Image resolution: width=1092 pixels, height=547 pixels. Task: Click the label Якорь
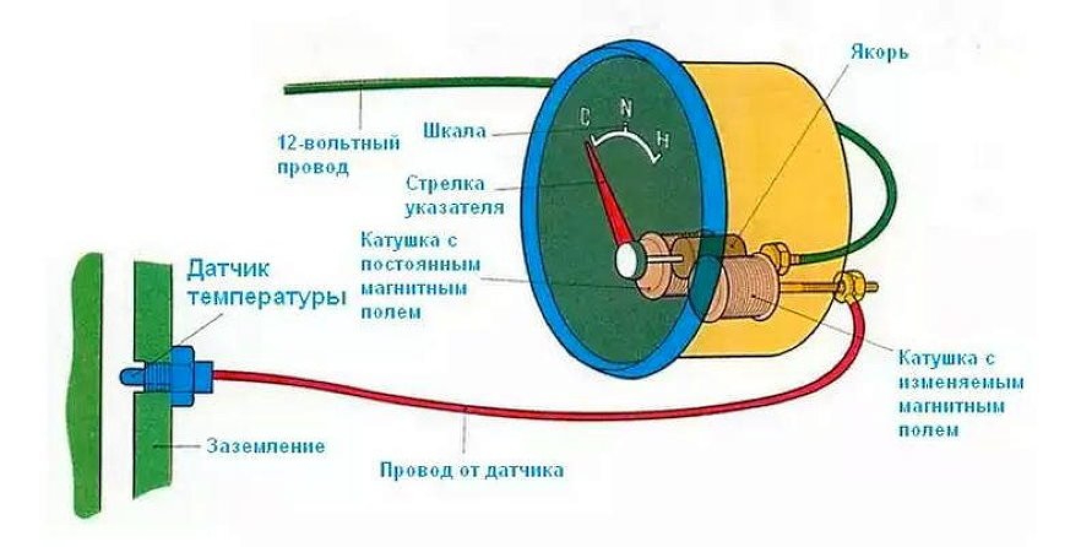[x=879, y=52]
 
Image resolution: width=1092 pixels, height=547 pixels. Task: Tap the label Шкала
[x=455, y=130]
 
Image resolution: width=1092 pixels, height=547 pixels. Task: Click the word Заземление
[x=265, y=445]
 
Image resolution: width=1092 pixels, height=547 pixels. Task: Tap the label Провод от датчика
[x=472, y=470]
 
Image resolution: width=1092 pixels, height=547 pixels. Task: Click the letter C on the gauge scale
[x=585, y=115]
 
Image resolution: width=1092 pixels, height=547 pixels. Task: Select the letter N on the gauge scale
[x=625, y=109]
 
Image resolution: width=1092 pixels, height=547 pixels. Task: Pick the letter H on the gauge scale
[x=662, y=139]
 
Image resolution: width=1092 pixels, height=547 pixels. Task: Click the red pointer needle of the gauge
[x=609, y=196]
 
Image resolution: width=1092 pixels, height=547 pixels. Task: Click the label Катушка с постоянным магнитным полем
[x=420, y=276]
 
